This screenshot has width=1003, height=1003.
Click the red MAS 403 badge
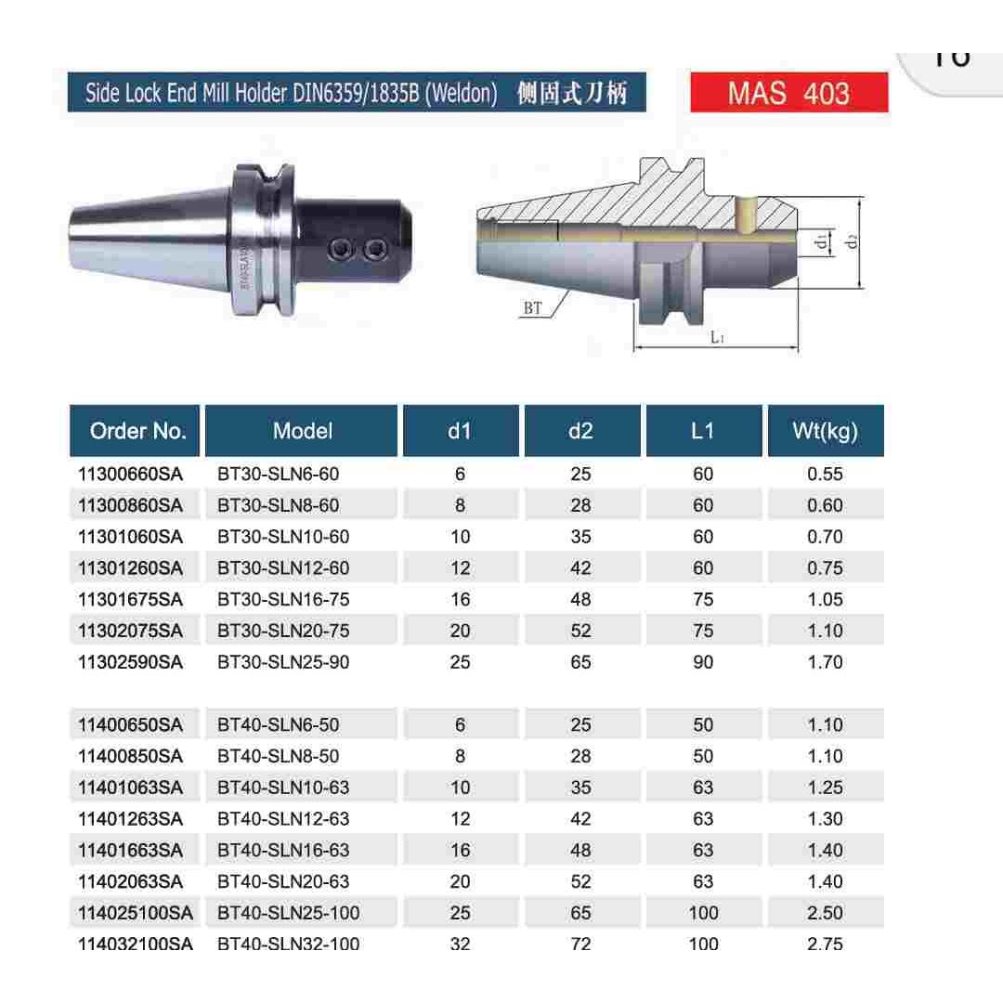point(788,93)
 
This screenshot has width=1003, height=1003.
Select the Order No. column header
point(137,431)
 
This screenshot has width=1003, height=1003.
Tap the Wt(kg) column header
point(825,431)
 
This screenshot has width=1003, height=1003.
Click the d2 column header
point(580,431)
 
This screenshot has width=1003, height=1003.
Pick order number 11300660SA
point(131,474)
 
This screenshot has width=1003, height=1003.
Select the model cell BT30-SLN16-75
point(283,599)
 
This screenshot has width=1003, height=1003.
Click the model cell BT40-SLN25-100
point(288,913)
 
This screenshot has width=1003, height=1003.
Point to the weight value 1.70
point(825,662)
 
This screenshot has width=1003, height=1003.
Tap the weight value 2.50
point(825,913)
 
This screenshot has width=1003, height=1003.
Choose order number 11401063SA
point(131,788)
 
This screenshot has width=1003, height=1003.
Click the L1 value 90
point(703,662)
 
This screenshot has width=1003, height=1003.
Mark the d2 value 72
point(580,944)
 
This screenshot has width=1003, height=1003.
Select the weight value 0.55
point(825,474)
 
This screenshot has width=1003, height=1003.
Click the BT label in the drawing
point(532,308)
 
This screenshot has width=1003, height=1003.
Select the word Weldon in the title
point(461,93)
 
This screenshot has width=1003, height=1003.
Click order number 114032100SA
point(136,944)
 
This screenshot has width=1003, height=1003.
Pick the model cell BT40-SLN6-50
point(278,724)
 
